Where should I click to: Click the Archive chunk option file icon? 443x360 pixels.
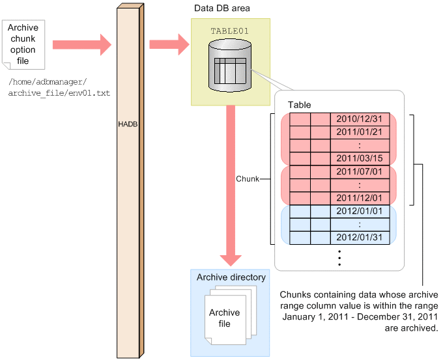click(23, 45)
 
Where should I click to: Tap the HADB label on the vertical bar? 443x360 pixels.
click(128, 124)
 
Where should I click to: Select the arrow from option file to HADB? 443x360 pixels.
click(82, 45)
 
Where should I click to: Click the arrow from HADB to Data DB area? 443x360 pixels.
click(169, 45)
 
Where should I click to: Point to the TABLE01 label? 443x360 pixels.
click(230, 31)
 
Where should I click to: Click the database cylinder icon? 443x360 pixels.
click(230, 65)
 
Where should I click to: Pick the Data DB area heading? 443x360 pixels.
click(221, 8)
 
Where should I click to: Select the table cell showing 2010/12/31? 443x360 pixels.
click(360, 119)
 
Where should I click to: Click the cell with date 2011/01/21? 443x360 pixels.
click(360, 132)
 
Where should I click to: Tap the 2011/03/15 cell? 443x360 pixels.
click(360, 158)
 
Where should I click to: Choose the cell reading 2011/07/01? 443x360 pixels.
click(360, 172)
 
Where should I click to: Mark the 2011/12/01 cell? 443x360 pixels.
click(360, 198)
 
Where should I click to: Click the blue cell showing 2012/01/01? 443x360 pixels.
click(360, 211)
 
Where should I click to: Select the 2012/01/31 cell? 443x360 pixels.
click(360, 238)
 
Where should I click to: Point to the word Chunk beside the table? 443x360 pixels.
click(248, 179)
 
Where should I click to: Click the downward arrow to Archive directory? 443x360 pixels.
click(231, 186)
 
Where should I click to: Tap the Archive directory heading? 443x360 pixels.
click(231, 277)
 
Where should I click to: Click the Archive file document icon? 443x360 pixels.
click(230, 315)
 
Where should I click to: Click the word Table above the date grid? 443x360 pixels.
click(300, 105)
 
